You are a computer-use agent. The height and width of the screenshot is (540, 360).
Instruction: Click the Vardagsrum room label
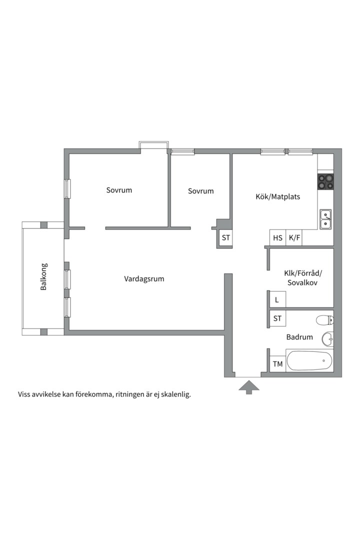click(144, 278)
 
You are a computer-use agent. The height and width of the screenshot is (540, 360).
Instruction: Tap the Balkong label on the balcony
click(44, 277)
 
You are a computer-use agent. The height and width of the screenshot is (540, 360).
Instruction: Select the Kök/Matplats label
click(277, 196)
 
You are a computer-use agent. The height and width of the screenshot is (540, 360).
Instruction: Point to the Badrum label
click(299, 337)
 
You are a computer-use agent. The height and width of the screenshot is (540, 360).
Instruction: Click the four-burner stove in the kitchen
click(325, 181)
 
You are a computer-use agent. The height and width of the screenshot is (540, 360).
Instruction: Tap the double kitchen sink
click(325, 219)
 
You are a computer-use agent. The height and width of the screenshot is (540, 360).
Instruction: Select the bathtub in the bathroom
click(309, 360)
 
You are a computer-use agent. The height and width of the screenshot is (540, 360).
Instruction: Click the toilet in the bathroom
click(325, 320)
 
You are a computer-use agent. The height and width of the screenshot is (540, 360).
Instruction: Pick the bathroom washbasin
click(327, 339)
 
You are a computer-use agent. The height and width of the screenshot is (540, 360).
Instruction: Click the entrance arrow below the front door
click(249, 386)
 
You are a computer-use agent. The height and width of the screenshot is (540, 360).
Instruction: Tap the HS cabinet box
click(277, 237)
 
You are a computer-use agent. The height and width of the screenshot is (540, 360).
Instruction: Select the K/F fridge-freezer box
click(294, 237)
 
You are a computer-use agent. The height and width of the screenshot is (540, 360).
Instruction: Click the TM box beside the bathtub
click(277, 363)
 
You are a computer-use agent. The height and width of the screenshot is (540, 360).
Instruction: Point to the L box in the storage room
click(277, 299)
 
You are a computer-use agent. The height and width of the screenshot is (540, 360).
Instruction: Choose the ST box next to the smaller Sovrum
click(225, 237)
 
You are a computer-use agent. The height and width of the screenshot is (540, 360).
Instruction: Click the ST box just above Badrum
click(277, 318)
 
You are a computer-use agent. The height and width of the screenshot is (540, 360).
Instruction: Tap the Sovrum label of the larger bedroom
click(119, 190)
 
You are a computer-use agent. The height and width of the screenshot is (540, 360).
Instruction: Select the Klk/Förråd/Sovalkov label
click(302, 278)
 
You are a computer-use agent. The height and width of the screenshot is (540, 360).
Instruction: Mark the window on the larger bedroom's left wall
click(67, 188)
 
